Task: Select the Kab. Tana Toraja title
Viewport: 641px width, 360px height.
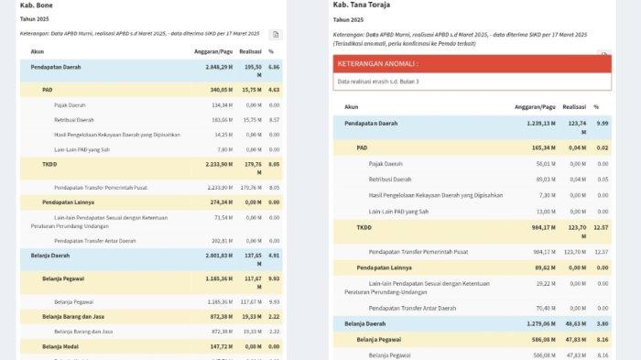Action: pyautogui.click(x=364, y=5)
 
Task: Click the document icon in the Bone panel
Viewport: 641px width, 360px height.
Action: pyautogui.click(x=276, y=34)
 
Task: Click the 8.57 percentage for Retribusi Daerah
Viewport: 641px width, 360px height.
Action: pyautogui.click(x=274, y=120)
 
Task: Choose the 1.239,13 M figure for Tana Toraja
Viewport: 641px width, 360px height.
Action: pyautogui.click(x=536, y=123)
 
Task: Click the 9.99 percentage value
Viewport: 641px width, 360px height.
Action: pyautogui.click(x=601, y=123)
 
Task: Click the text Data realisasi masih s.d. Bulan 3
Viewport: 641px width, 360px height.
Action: pyautogui.click(x=378, y=82)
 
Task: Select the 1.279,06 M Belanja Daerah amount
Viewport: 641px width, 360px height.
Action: pyautogui.click(x=536, y=323)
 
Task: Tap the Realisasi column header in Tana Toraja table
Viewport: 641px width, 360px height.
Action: pyautogui.click(x=574, y=106)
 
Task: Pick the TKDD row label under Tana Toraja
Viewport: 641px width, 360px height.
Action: pyautogui.click(x=364, y=226)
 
